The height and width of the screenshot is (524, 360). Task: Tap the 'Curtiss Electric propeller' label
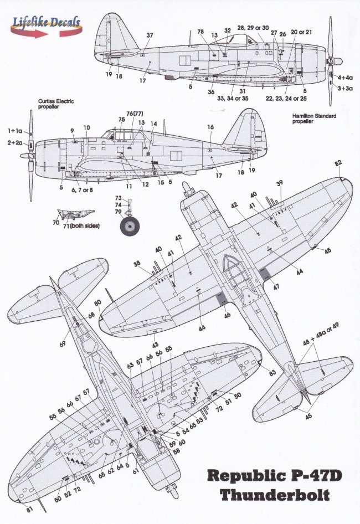(55, 105)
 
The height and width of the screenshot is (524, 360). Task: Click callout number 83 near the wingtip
(272, 373)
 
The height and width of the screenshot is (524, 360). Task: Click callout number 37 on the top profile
(149, 35)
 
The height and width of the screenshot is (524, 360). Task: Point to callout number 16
(210, 127)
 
